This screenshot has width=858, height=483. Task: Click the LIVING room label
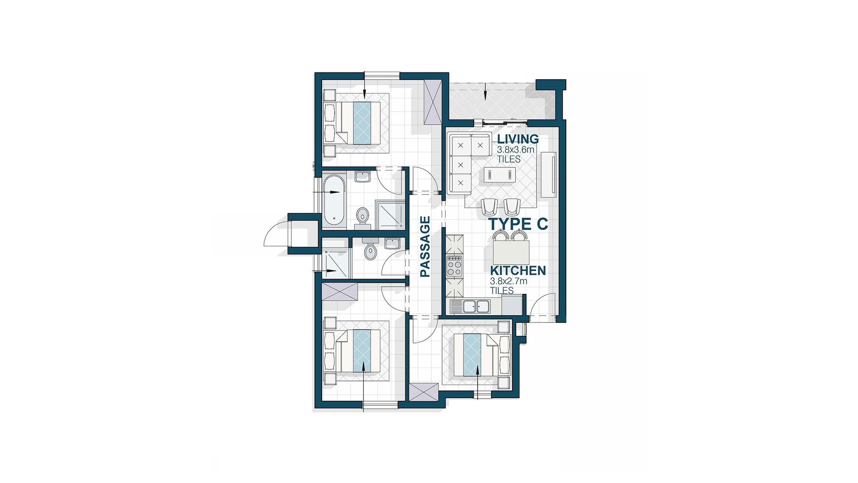pyautogui.click(x=518, y=139)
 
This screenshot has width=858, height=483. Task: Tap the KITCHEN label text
pyautogui.click(x=518, y=271)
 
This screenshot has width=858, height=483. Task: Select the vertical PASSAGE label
pyautogui.click(x=425, y=247)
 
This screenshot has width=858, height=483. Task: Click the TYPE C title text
pyautogui.click(x=518, y=224)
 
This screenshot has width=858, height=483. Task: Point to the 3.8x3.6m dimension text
pyautogui.click(x=516, y=150)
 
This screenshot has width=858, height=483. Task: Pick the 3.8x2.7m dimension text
pyautogui.click(x=509, y=281)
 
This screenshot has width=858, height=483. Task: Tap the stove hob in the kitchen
pyautogui.click(x=454, y=267)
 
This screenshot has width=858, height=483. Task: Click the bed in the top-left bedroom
pyautogui.click(x=357, y=123)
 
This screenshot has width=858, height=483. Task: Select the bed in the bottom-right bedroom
pyautogui.click(x=476, y=355)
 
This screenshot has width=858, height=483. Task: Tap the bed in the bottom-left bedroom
pyautogui.click(x=357, y=351)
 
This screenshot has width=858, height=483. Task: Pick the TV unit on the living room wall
pyautogui.click(x=549, y=174)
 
